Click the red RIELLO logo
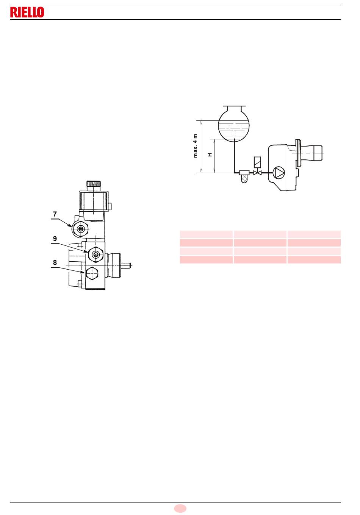click(x=27, y=12)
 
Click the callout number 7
click(x=55, y=214)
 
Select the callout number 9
click(x=55, y=239)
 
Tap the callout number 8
click(x=55, y=262)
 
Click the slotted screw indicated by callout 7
click(x=80, y=229)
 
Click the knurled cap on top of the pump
click(x=94, y=184)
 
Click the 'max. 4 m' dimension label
click(x=195, y=146)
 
